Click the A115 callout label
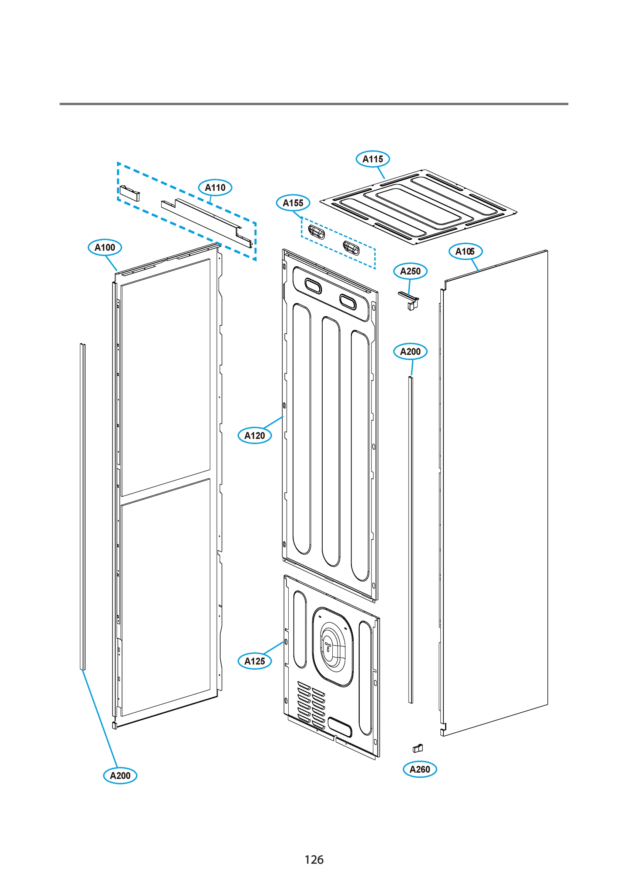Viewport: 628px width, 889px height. [373, 159]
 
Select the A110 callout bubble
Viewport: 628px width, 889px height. [215, 187]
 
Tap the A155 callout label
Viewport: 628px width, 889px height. [293, 203]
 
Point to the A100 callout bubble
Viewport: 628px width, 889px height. [105, 247]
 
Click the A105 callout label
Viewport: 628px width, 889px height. [465, 251]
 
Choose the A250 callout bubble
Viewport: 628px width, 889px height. [410, 271]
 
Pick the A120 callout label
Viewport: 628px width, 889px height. [255, 436]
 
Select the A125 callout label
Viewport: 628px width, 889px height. [255, 661]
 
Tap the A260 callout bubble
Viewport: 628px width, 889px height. [420, 769]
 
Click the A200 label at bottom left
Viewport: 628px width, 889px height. [120, 775]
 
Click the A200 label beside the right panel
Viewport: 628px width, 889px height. [410, 352]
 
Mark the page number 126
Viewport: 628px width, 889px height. [314, 860]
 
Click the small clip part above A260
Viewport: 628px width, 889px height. [417, 748]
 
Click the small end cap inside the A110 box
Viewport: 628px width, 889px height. [129, 193]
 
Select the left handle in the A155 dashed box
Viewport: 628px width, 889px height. [316, 232]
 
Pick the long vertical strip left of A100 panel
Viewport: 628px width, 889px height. [83, 507]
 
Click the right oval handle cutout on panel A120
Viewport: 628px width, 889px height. [347, 302]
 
